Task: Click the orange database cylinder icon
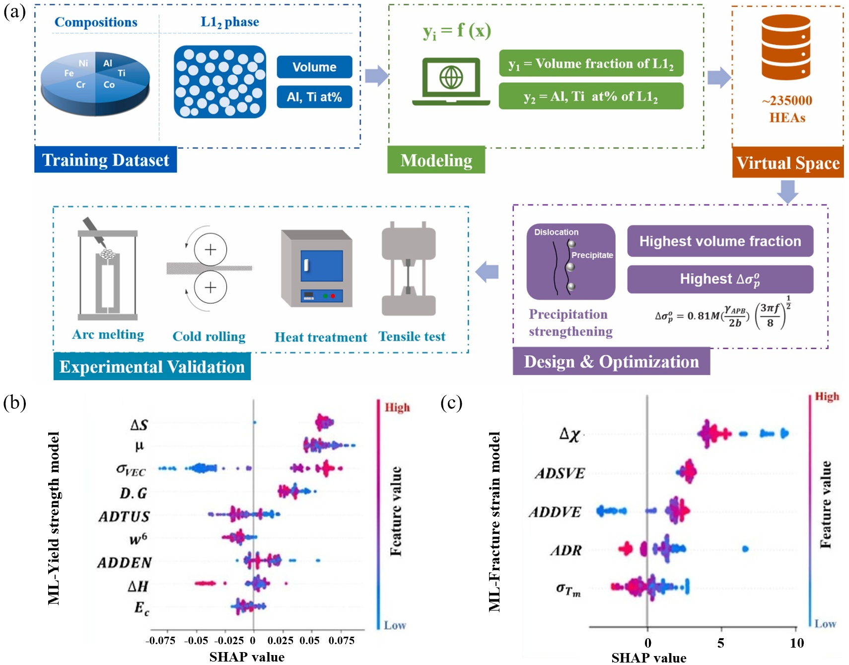[786, 47]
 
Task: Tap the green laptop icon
[451, 81]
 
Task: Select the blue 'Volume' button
[314, 67]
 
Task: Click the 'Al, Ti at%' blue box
[314, 97]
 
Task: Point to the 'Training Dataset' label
[105, 160]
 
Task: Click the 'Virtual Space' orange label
[787, 163]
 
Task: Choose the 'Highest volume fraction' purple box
[720, 241]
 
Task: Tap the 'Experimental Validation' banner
[152, 367]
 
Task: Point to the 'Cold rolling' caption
[209, 336]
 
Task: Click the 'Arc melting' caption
[108, 334]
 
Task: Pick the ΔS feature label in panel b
[139, 425]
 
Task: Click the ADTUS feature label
[124, 517]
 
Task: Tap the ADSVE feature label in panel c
[560, 473]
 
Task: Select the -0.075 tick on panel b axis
[160, 641]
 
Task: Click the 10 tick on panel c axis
[796, 643]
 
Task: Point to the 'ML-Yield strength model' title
[54, 518]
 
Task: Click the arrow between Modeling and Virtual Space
[718, 77]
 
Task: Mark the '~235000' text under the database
[787, 100]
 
